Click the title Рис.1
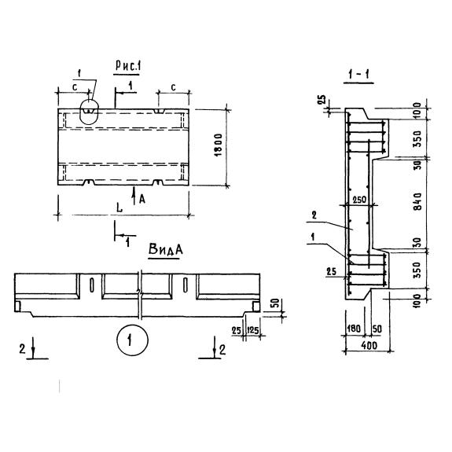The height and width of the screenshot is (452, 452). [127, 66]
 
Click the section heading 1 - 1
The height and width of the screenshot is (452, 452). [358, 75]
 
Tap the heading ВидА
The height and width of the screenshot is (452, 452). [165, 249]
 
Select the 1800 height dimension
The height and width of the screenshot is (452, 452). [219, 145]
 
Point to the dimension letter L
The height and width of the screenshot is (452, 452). [119, 208]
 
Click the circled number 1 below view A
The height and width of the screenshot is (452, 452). [133, 340]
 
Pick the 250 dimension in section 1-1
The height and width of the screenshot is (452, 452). [359, 200]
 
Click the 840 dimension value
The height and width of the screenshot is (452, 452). [417, 201]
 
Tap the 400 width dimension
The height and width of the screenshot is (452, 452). [369, 345]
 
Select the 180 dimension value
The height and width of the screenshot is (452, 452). [354, 329]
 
